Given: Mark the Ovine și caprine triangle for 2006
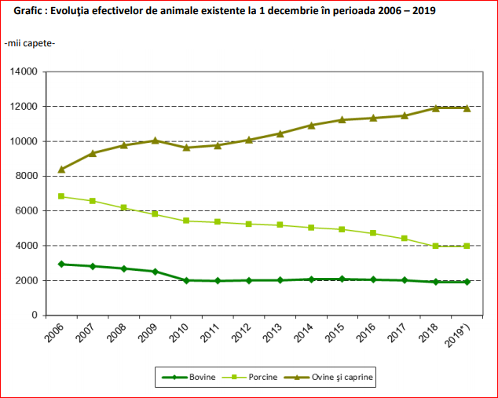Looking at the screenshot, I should [x=61, y=169].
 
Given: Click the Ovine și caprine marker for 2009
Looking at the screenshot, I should [x=155, y=141].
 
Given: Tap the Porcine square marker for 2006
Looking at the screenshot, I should [x=61, y=196].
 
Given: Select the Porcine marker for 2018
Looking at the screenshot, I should [x=435, y=246].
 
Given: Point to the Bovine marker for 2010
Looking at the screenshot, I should [x=186, y=280].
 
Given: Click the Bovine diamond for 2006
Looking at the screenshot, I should [x=61, y=264].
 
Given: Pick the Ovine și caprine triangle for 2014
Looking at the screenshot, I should [x=311, y=125].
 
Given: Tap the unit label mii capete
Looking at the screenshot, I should [x=30, y=42].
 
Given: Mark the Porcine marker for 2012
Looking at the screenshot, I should [x=248, y=224].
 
